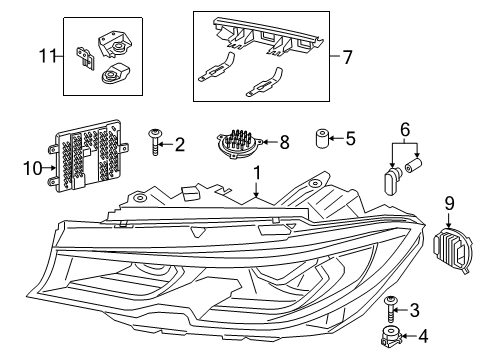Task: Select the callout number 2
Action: (x=179, y=146)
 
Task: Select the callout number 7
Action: (x=347, y=58)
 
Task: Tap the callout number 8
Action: (x=285, y=143)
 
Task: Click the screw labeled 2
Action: (x=155, y=143)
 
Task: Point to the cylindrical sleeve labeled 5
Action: (x=323, y=138)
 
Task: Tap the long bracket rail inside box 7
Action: (x=265, y=34)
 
